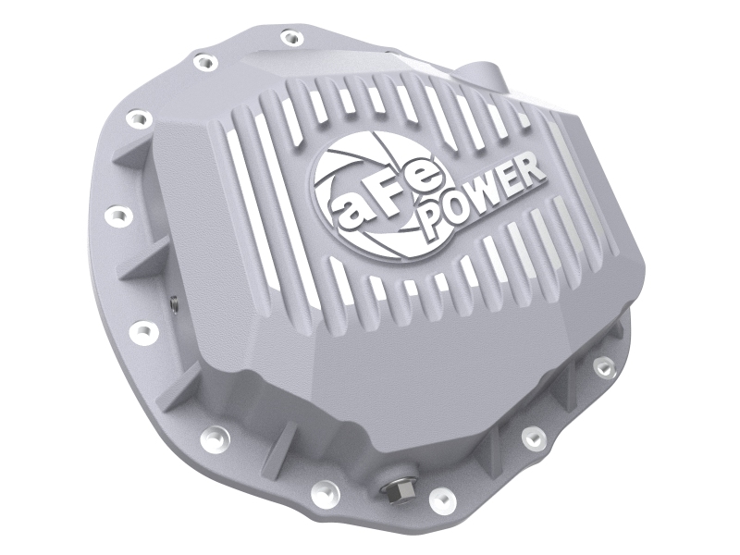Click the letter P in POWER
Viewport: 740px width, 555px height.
[438, 225]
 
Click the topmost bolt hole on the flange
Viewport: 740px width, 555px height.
[290, 38]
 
